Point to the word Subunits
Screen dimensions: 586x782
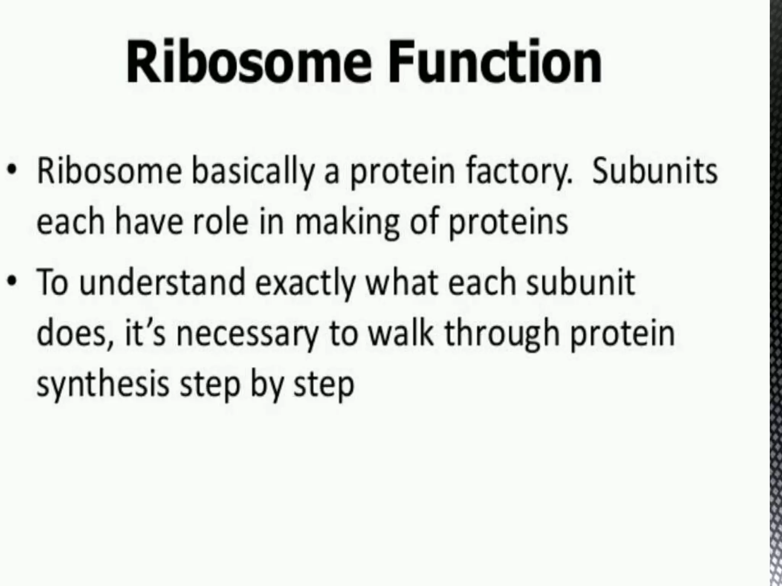[x=654, y=172]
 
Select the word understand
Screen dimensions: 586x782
[x=162, y=283]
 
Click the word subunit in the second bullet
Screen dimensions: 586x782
[x=580, y=283]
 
